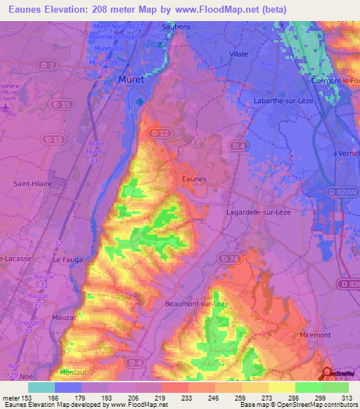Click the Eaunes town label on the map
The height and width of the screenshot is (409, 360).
(194, 179)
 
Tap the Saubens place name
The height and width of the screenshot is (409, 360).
(157, 26)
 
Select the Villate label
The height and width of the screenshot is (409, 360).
(239, 53)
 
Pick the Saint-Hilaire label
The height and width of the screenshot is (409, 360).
(30, 183)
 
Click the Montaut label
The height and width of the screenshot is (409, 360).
(75, 372)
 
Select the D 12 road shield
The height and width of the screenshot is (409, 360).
(157, 133)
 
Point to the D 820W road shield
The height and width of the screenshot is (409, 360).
(341, 191)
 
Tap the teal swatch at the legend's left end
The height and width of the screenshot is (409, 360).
(41, 387)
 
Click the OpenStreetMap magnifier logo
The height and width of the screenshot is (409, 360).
(326, 374)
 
